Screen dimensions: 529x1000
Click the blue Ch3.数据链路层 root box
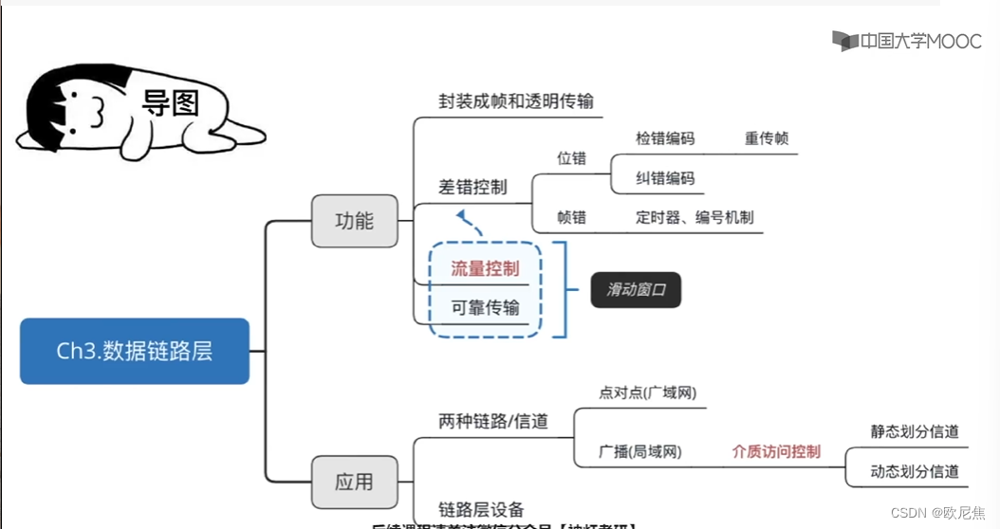click(x=134, y=351)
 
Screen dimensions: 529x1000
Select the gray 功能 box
click(x=354, y=221)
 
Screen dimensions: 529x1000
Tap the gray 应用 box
click(x=354, y=482)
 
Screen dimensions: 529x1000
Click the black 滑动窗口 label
click(x=636, y=291)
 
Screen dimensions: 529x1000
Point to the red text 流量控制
click(x=485, y=268)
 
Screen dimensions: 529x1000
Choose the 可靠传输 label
click(x=485, y=307)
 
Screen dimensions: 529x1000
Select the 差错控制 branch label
click(x=472, y=187)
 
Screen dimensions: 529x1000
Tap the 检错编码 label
click(x=665, y=138)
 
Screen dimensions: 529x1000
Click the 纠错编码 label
click(x=665, y=178)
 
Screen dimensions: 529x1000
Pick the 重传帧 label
click(x=767, y=138)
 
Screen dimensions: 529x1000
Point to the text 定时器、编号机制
click(x=694, y=217)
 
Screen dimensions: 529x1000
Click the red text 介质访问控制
click(x=776, y=451)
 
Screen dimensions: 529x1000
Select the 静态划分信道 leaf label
click(x=915, y=431)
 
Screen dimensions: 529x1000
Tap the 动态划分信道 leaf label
click(x=915, y=471)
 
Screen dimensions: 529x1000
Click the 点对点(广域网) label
click(x=641, y=392)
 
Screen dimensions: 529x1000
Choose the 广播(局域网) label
click(x=640, y=451)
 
